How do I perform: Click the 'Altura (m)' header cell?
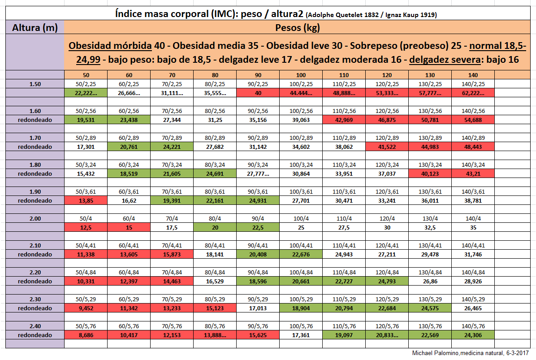coord(35,28)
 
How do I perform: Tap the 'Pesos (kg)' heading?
coord(298,28)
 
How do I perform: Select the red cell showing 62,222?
coord(473,93)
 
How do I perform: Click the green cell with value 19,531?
coord(86,120)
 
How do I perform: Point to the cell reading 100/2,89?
coord(301,138)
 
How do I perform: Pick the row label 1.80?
coord(35,165)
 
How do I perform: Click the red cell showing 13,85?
coord(86,200)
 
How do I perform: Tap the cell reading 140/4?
coord(473,218)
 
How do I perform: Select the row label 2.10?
coord(35,245)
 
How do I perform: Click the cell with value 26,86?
coord(430,281)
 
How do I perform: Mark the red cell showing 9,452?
coord(86,308)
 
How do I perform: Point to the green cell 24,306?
coord(473,335)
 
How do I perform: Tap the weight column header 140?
coord(473,75)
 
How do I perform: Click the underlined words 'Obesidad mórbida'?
coord(110,46)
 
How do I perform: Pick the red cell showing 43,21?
coord(473,173)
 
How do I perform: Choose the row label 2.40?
coord(35,326)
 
